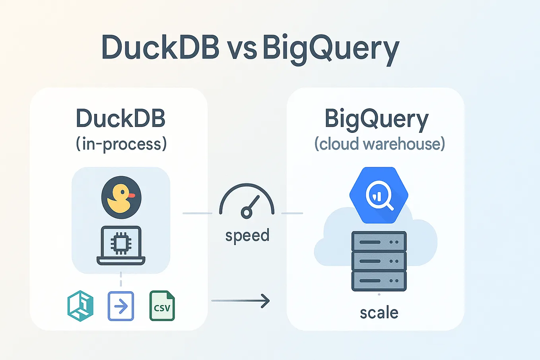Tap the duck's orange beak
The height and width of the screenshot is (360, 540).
(132, 195)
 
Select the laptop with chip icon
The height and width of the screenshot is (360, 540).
(121, 245)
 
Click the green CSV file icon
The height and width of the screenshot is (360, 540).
(162, 306)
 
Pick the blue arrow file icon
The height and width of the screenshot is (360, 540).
(121, 306)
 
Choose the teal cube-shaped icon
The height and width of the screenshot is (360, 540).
(80, 306)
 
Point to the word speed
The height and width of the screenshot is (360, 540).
(247, 235)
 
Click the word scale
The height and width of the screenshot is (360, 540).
(379, 313)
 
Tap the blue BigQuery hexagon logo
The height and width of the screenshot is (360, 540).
(379, 195)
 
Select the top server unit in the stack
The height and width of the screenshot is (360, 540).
(379, 241)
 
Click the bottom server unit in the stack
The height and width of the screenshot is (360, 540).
(379, 281)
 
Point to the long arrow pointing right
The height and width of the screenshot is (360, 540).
(241, 301)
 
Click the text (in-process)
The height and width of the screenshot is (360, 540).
(121, 144)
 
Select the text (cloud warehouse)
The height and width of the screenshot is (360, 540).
(379, 144)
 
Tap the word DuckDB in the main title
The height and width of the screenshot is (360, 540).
(160, 48)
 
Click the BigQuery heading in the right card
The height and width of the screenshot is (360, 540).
(377, 119)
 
